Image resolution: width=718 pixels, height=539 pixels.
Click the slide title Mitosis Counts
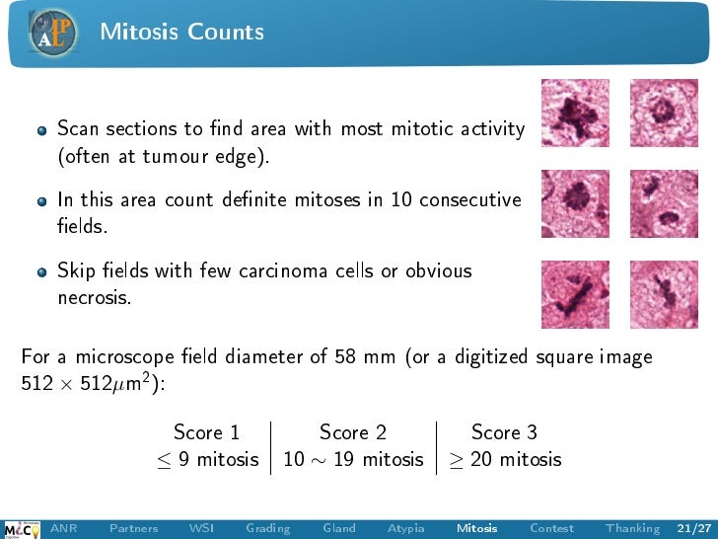(x=181, y=32)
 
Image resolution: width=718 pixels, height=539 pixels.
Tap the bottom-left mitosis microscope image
(x=576, y=293)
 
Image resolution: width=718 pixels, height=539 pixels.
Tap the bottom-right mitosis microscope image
(x=664, y=293)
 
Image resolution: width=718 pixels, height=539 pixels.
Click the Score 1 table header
(x=206, y=432)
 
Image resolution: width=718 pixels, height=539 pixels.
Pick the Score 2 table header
(x=352, y=432)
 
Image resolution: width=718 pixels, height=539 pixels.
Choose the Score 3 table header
(x=503, y=432)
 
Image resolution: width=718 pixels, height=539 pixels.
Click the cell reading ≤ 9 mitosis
(x=206, y=459)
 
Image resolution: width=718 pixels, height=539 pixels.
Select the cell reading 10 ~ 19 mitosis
(x=352, y=459)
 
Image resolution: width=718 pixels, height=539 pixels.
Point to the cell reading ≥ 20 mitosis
(x=505, y=459)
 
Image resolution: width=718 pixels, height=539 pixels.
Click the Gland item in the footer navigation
(x=338, y=528)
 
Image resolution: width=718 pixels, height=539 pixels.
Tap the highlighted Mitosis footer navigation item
(x=476, y=528)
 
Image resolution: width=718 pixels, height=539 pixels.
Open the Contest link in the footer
(x=550, y=528)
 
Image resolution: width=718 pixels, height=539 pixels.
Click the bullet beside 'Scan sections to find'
(x=41, y=130)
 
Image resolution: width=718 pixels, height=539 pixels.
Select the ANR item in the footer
(x=64, y=528)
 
